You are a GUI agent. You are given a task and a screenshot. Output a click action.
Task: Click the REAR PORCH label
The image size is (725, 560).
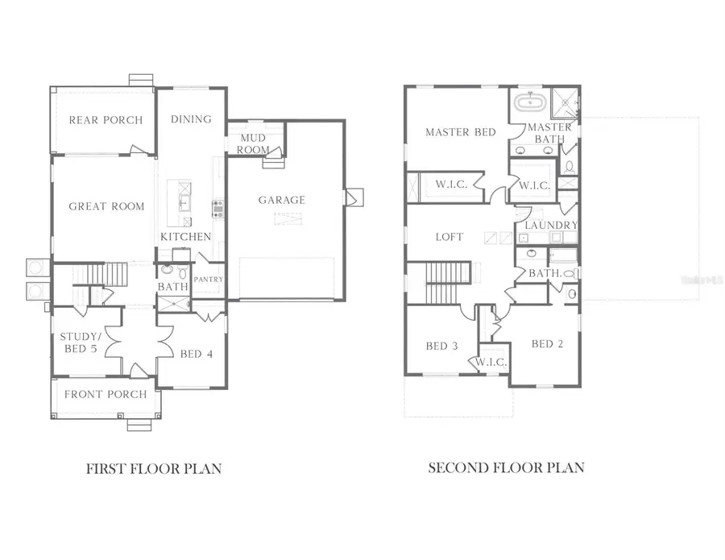click(x=106, y=120)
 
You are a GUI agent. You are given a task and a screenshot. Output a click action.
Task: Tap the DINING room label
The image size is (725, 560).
click(x=191, y=119)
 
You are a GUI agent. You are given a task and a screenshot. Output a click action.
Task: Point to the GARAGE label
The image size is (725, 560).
click(x=282, y=200)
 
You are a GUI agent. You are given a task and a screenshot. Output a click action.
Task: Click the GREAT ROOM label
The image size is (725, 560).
click(x=106, y=206)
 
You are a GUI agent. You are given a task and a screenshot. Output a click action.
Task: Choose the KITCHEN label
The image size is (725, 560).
click(x=186, y=237)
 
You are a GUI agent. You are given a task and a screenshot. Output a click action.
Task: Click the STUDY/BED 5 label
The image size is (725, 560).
click(x=80, y=342)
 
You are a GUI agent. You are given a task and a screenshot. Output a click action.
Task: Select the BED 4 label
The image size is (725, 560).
click(x=196, y=354)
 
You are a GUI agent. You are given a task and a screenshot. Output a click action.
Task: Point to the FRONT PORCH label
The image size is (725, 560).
click(x=106, y=394)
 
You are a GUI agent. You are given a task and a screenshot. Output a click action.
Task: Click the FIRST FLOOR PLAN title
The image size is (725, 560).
click(x=154, y=467)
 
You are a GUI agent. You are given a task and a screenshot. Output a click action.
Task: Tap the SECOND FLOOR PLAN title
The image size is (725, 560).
click(x=506, y=467)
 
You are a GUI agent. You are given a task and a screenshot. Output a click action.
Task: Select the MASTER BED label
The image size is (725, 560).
click(x=461, y=132)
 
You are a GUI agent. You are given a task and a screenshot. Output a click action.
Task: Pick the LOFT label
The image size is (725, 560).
click(x=449, y=237)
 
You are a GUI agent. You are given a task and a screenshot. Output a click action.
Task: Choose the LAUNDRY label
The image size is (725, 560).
click(x=551, y=226)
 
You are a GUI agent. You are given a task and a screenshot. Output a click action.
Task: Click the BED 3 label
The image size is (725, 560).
click(x=441, y=346)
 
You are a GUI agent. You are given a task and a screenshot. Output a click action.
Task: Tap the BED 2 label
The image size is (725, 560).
click(x=548, y=344)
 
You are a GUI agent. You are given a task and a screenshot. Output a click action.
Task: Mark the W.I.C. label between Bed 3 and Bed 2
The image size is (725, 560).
click(x=491, y=363)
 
